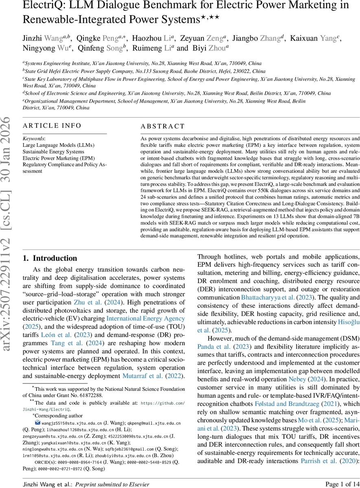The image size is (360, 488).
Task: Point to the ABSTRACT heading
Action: point(163,126)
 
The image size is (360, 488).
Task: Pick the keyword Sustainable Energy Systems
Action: point(53,152)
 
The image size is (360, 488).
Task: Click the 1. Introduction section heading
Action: point(50,258)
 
